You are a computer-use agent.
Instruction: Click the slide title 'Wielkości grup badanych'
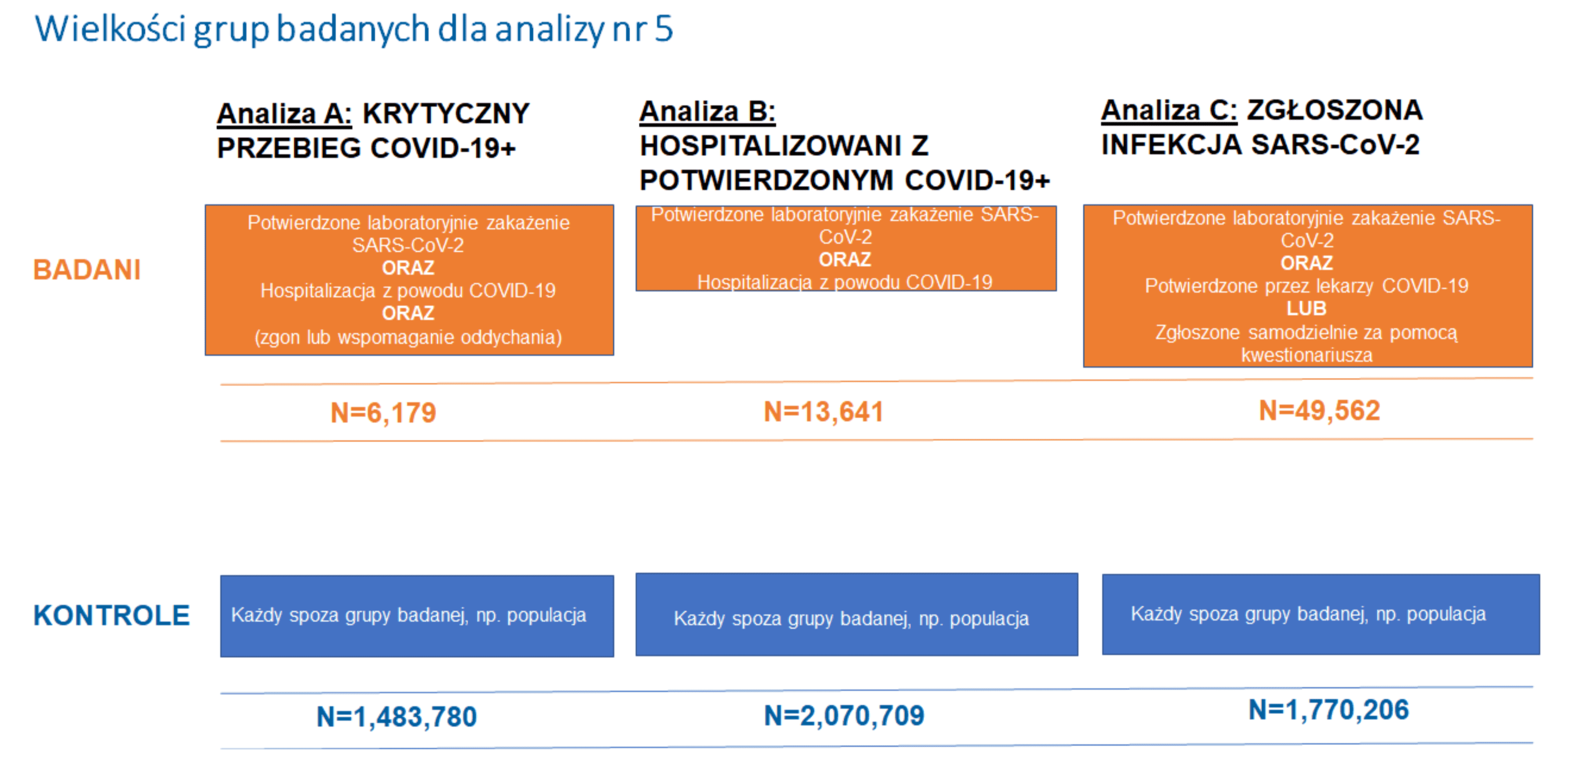pos(353,29)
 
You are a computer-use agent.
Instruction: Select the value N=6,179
pos(383,412)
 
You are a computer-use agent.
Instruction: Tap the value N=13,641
pos(823,412)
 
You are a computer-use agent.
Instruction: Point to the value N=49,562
pos(1319,410)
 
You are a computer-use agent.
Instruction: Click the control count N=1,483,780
pos(397,717)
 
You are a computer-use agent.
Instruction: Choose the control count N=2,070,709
pos(844,715)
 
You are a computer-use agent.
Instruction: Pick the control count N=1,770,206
pos(1328,710)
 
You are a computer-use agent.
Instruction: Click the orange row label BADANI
pos(87,270)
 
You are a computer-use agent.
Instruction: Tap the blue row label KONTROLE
pos(112,616)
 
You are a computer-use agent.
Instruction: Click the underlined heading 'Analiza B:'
pos(707,112)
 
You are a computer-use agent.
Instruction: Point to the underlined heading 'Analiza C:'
pos(1168,111)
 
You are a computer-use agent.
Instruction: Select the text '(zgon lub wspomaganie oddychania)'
pos(408,337)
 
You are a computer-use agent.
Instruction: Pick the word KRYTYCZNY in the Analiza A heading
pos(446,114)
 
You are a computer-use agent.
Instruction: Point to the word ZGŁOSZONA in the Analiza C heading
pos(1334,111)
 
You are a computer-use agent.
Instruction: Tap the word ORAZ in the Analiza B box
pos(845,260)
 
